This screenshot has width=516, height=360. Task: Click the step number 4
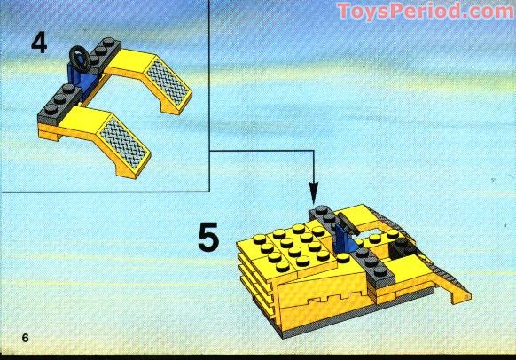coord(39,43)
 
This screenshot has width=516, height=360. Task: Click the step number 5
coord(208,237)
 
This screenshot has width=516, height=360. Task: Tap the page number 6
coord(26,338)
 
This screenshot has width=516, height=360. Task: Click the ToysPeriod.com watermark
coord(426,11)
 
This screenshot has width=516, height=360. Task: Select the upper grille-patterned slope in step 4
coord(168,82)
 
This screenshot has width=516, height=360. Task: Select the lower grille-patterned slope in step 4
coord(123,143)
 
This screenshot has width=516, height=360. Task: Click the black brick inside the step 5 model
coord(403,248)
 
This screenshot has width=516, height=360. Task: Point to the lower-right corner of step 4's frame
coord(209,192)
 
